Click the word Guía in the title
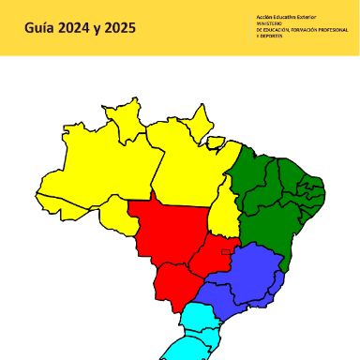[40, 28]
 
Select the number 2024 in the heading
[82, 28]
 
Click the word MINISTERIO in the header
[271, 24]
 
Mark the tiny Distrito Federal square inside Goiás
[226, 250]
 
